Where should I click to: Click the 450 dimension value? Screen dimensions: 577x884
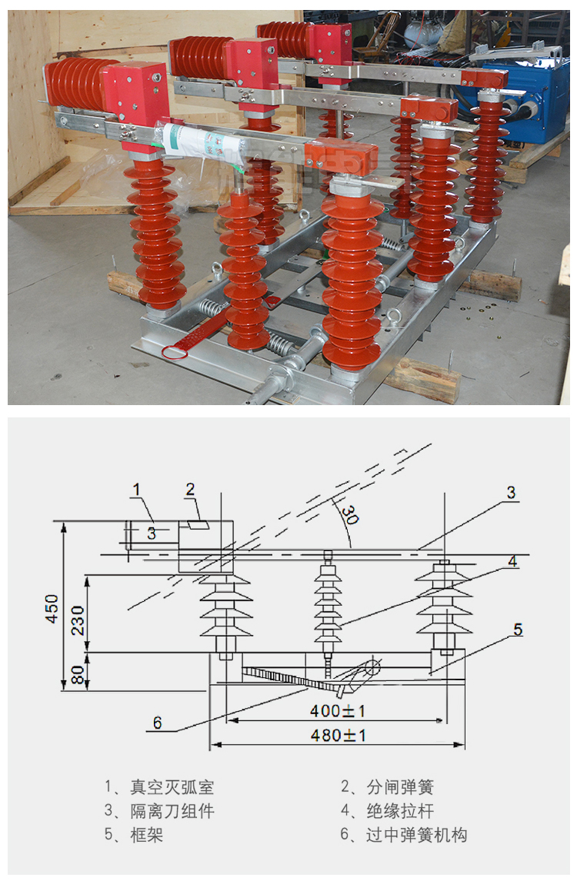pos(52,609)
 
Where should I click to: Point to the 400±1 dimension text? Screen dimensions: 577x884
pos(337,711)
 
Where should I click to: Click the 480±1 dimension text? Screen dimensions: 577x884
pos(338,735)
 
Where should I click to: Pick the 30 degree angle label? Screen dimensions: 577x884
pos(350,514)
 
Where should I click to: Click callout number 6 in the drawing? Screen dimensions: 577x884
pos(158,723)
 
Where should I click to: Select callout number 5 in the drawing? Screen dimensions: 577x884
pos(518,629)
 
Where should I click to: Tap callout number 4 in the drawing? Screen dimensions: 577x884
pos(512,561)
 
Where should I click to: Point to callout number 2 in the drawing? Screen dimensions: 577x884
pos(190,489)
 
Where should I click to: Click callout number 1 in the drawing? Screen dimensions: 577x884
pos(136,490)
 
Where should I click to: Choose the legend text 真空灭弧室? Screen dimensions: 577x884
pos(172,786)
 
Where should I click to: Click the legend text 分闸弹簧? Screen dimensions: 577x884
pos(401,786)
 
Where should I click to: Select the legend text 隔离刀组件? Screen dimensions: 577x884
pos(172,811)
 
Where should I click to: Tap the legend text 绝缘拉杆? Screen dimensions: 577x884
pos(401,811)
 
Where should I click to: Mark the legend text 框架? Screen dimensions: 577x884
pos(147,835)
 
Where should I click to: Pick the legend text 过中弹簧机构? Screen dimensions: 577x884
pos(417,835)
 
